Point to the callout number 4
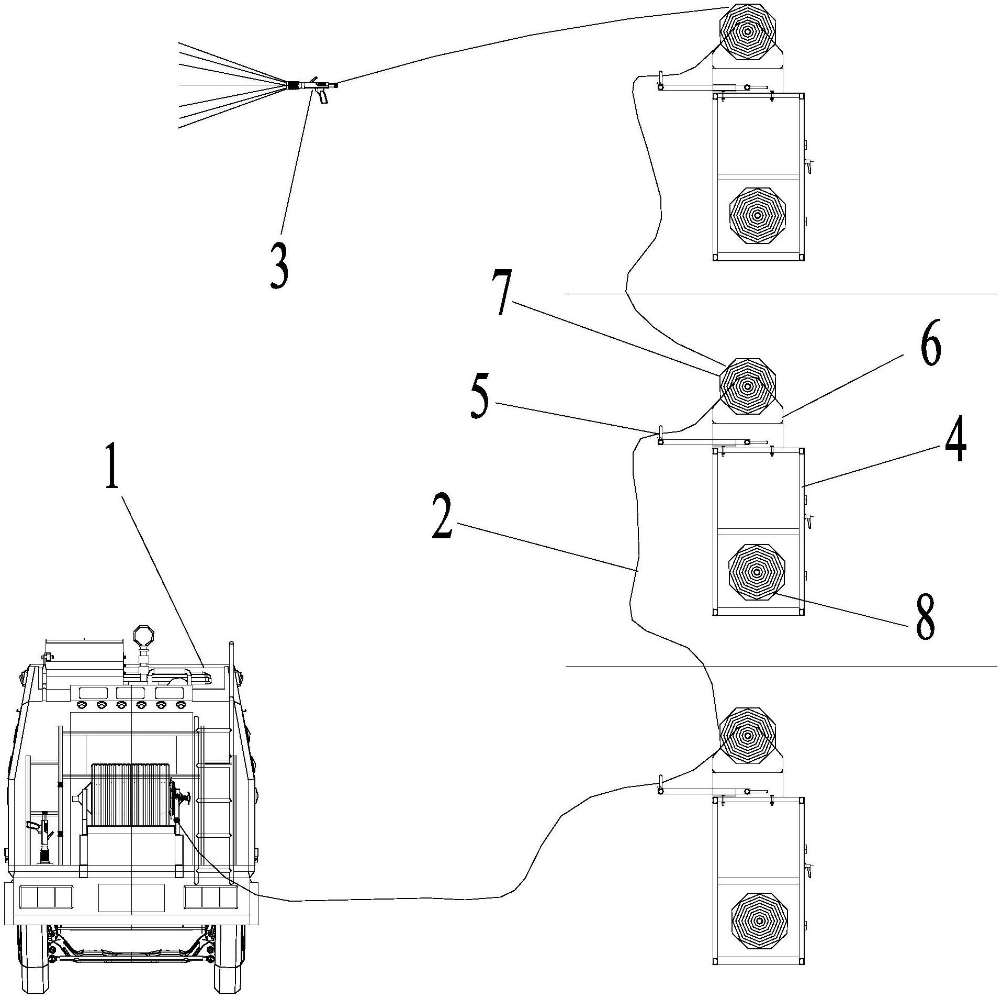point(955,442)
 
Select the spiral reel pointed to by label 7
point(748,386)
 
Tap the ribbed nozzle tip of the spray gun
point(295,85)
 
